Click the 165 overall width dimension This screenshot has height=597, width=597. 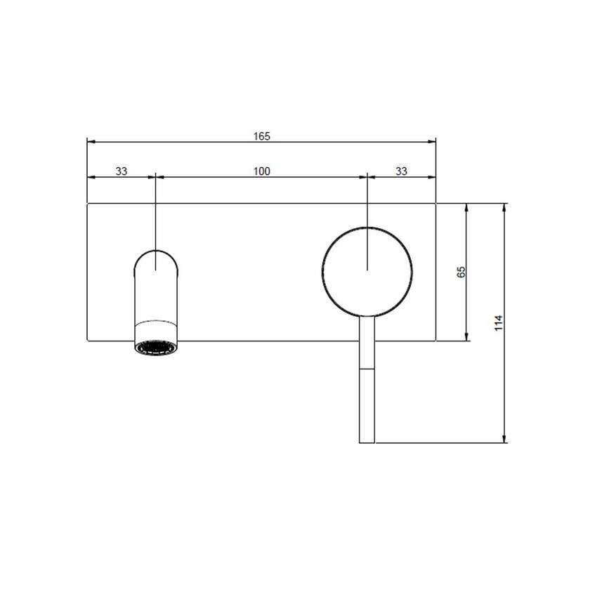point(261,136)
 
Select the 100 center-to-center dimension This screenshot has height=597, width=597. point(261,171)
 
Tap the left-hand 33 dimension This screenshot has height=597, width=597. point(121,171)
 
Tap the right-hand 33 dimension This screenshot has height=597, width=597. point(402,171)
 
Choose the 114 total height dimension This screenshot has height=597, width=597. point(499,322)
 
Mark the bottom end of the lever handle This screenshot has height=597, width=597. point(367,442)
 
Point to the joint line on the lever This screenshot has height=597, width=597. point(367,368)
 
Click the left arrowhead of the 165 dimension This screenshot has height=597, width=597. point(90,142)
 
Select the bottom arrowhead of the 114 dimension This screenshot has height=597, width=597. point(505,439)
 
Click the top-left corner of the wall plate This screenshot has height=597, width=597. point(86,204)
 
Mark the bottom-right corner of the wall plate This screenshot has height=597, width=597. point(436,341)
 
